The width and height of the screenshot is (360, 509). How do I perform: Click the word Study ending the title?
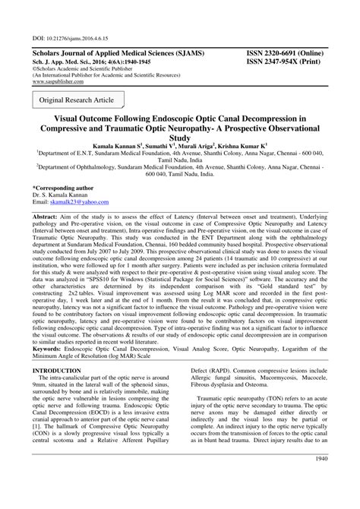click(179, 138)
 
